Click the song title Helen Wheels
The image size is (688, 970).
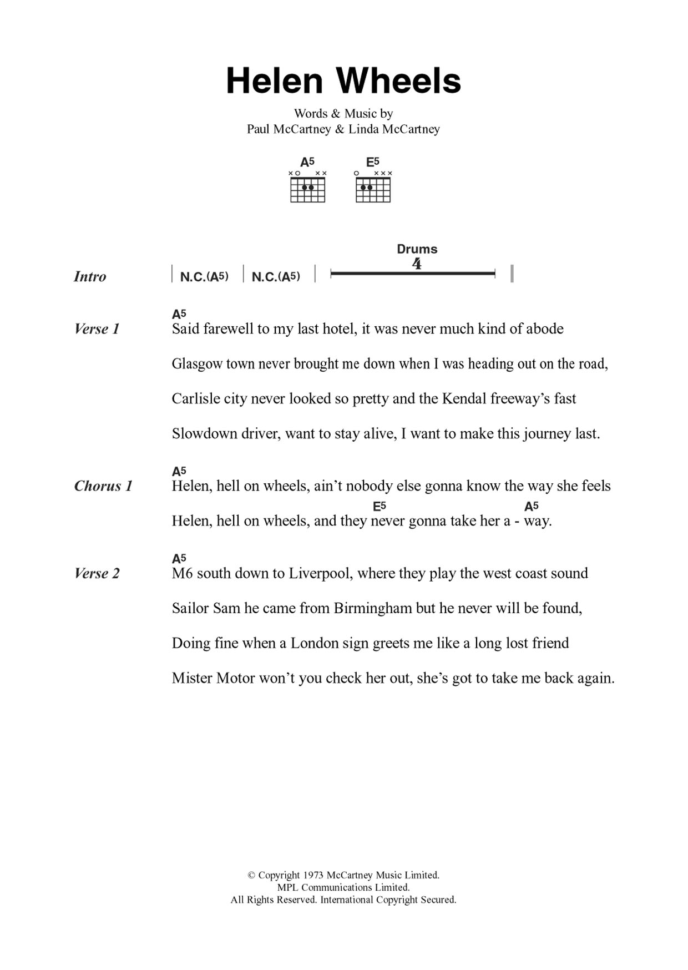coord(343,82)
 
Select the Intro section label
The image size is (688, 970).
coord(90,276)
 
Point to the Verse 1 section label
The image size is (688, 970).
coord(97,329)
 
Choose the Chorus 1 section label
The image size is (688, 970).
coord(103,486)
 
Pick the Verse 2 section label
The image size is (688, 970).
coord(97,573)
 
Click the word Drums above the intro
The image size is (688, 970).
coord(417,249)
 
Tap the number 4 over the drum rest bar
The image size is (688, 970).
coord(417,264)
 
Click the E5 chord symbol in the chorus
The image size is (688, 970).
coord(380,506)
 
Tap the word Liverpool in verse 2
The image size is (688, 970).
coord(320,573)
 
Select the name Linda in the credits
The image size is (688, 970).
coord(363,129)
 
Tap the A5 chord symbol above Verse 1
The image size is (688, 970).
coord(179,314)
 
